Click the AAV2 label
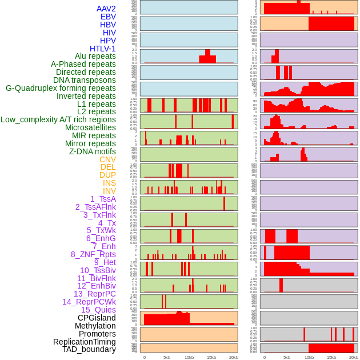[x=106, y=9]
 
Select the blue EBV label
[x=108, y=17]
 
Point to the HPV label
[x=108, y=41]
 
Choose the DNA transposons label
[x=85, y=80]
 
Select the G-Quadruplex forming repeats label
[x=61, y=88]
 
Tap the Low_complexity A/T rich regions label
[x=58, y=119]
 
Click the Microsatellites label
[x=90, y=127]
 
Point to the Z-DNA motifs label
[x=92, y=151]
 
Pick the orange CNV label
[x=107, y=159]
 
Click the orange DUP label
[x=107, y=175]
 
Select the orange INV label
[x=109, y=191]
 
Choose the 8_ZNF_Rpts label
[x=93, y=254]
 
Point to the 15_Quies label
[x=98, y=310]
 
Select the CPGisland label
[x=97, y=318]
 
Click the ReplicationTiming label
[x=84, y=342]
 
